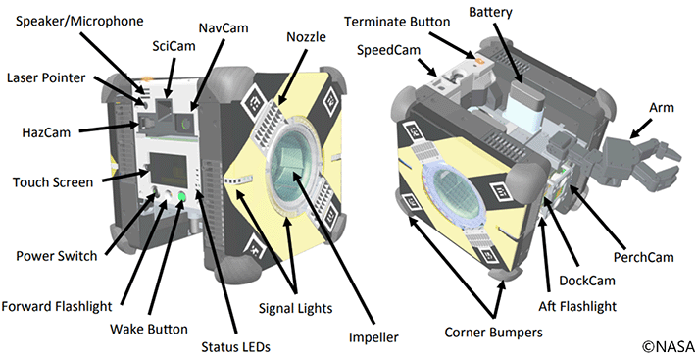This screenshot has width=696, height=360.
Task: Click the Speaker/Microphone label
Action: (79, 22)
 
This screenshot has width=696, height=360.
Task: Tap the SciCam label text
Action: (174, 46)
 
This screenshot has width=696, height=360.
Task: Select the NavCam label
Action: (224, 28)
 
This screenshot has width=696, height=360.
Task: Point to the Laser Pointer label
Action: (46, 77)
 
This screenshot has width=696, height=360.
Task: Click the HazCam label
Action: (46, 132)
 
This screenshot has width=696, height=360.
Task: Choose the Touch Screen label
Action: (53, 182)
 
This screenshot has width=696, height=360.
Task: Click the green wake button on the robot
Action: (182, 196)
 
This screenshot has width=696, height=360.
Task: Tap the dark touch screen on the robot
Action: (169, 170)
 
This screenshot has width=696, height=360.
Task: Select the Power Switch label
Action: (57, 256)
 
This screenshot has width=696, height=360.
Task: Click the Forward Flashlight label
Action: (57, 307)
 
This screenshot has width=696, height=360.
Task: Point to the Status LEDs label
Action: (235, 346)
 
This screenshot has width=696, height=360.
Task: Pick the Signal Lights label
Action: (296, 308)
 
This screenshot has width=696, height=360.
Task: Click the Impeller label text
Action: (373, 337)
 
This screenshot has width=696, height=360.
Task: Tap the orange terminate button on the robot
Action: (478, 58)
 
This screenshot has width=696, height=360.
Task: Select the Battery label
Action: (490, 12)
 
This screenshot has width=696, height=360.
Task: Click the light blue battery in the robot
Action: (526, 103)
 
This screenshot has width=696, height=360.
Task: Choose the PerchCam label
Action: (644, 257)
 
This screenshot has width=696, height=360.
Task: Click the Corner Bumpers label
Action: (494, 332)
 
